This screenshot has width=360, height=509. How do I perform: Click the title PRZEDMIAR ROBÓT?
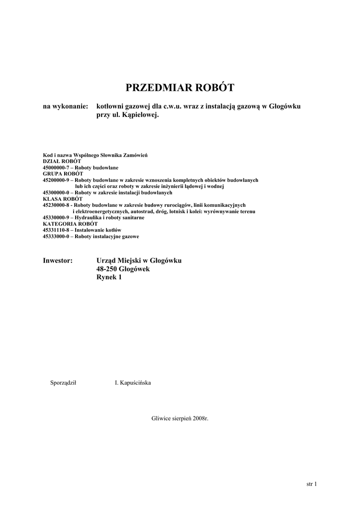coord(180,88)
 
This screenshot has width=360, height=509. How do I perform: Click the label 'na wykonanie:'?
coord(65,107)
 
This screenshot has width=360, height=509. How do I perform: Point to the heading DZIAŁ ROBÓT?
coord(62,162)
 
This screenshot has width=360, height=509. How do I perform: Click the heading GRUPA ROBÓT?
coord(63,174)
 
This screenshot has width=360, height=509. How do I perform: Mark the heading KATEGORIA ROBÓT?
coord(70,224)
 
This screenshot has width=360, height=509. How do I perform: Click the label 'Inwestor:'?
coord(58,260)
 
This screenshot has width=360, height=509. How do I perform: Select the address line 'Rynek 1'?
coord(108,277)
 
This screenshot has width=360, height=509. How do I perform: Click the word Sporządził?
coord(63,383)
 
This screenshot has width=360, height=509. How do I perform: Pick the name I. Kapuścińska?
coord(133,383)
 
